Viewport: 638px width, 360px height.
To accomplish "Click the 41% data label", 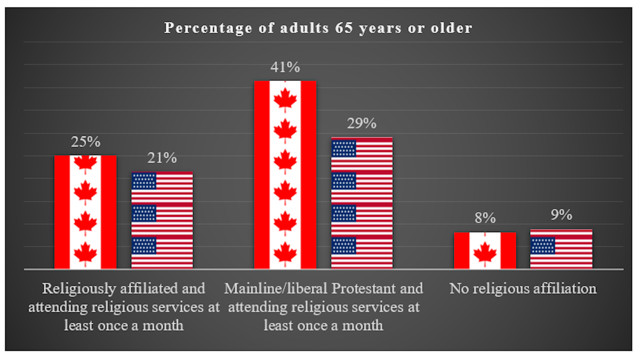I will (285, 67).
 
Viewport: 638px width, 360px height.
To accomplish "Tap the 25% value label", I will (85, 142).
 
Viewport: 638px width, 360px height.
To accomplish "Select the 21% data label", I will (162, 158).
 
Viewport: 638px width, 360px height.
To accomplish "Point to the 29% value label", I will (362, 124).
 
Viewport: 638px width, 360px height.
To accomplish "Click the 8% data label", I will (485, 218).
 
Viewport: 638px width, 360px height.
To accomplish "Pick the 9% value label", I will (561, 215).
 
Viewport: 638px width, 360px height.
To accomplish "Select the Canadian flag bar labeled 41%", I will (285, 174).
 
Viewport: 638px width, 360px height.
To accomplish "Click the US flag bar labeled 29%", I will (362, 203).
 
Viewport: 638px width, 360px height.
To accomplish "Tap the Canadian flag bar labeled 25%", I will (85, 212).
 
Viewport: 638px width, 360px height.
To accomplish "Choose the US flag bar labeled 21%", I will (162, 220).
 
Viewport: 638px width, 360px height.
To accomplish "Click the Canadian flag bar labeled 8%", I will (485, 250).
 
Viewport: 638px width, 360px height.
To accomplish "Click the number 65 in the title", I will (344, 28).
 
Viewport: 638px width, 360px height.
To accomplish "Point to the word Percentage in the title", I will (208, 28).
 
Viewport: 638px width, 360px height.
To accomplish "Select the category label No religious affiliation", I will (523, 289).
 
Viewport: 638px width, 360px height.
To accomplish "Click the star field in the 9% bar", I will (542, 246).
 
